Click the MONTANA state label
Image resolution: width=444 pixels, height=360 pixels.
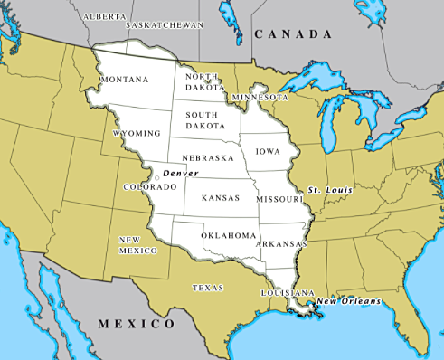125,80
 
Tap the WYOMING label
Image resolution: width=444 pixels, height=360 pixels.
137,133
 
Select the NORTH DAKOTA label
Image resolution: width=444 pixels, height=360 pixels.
203,82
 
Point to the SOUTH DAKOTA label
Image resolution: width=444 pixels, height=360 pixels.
206,120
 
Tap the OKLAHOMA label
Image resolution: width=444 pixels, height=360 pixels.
229,235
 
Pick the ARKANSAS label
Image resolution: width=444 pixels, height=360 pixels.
281,244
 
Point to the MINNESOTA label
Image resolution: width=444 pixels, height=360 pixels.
259,97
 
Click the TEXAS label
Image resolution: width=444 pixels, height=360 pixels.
208,288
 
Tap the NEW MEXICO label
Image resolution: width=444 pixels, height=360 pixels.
135,244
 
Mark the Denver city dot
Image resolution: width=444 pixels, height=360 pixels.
156,178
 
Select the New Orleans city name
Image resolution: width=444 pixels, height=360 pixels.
348,301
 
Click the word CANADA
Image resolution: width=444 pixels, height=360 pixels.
293,34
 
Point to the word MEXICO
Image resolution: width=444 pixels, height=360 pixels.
136,323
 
